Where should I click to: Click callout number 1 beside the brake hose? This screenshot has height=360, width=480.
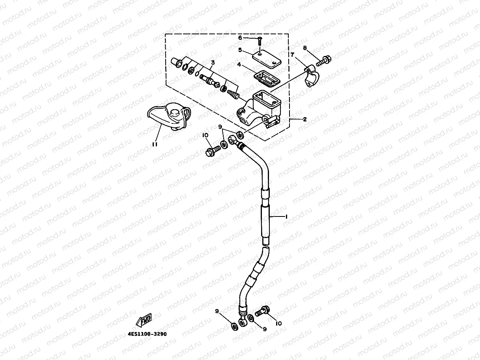tap(287, 216)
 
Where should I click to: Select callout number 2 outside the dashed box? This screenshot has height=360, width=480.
tap(304, 119)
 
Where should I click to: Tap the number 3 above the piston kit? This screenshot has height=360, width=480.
tap(213, 62)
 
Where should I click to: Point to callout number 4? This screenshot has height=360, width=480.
tap(239, 64)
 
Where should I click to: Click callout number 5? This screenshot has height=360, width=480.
tap(240, 50)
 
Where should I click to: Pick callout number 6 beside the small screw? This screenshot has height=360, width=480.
tap(240, 38)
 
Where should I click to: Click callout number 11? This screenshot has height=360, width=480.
tap(155, 144)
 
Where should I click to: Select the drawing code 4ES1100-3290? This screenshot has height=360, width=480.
tap(147, 334)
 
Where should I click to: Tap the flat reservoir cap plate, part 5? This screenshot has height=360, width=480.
tap(266, 58)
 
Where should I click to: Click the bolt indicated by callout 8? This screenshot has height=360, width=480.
tap(323, 61)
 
